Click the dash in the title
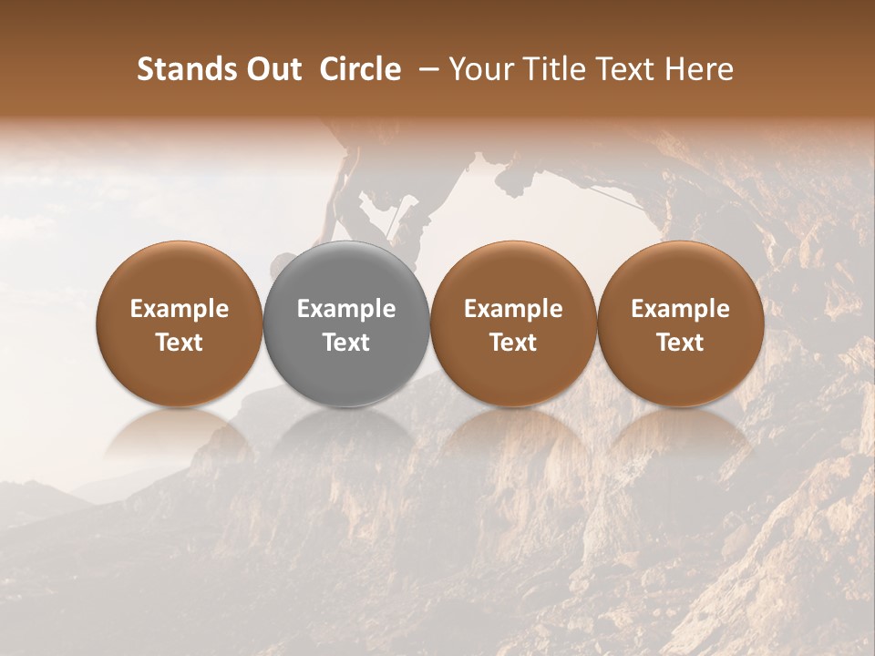point(424,70)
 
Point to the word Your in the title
point(479,70)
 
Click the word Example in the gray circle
point(346,309)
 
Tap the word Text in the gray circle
point(346,343)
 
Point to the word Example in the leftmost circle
point(180,309)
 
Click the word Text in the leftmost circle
point(180,343)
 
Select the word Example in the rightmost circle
point(680,309)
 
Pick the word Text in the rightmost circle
point(680,343)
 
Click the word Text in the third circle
point(513,343)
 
